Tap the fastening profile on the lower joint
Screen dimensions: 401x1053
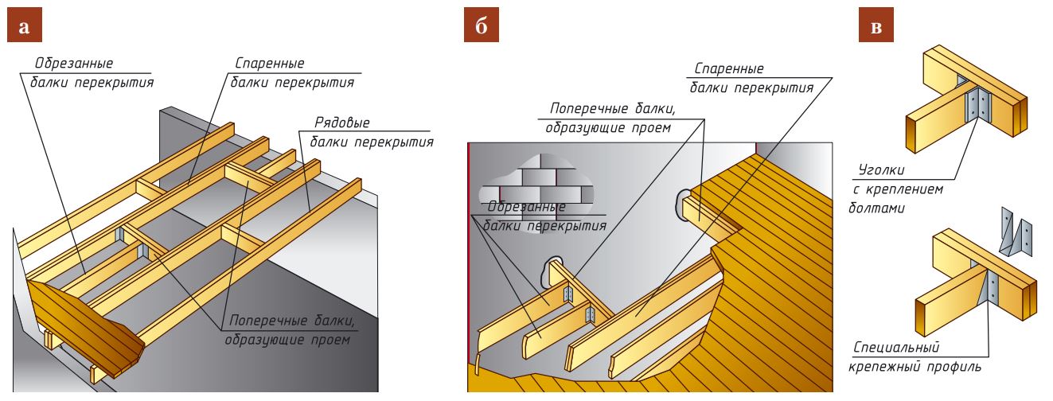992,290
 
